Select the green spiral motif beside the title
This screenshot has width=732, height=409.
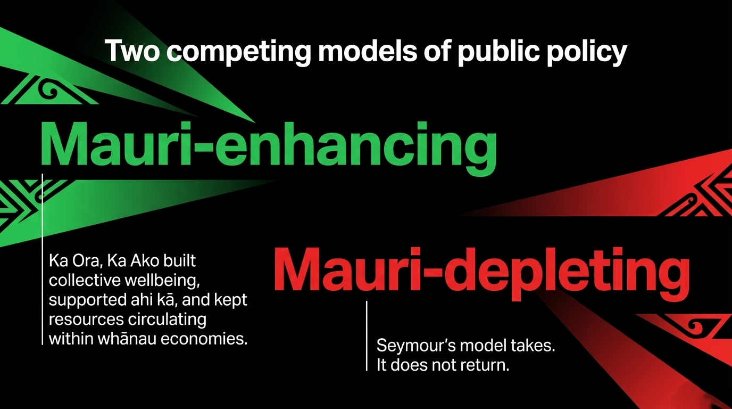tap(48, 91)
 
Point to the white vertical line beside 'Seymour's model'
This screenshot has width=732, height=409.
tap(367, 336)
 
